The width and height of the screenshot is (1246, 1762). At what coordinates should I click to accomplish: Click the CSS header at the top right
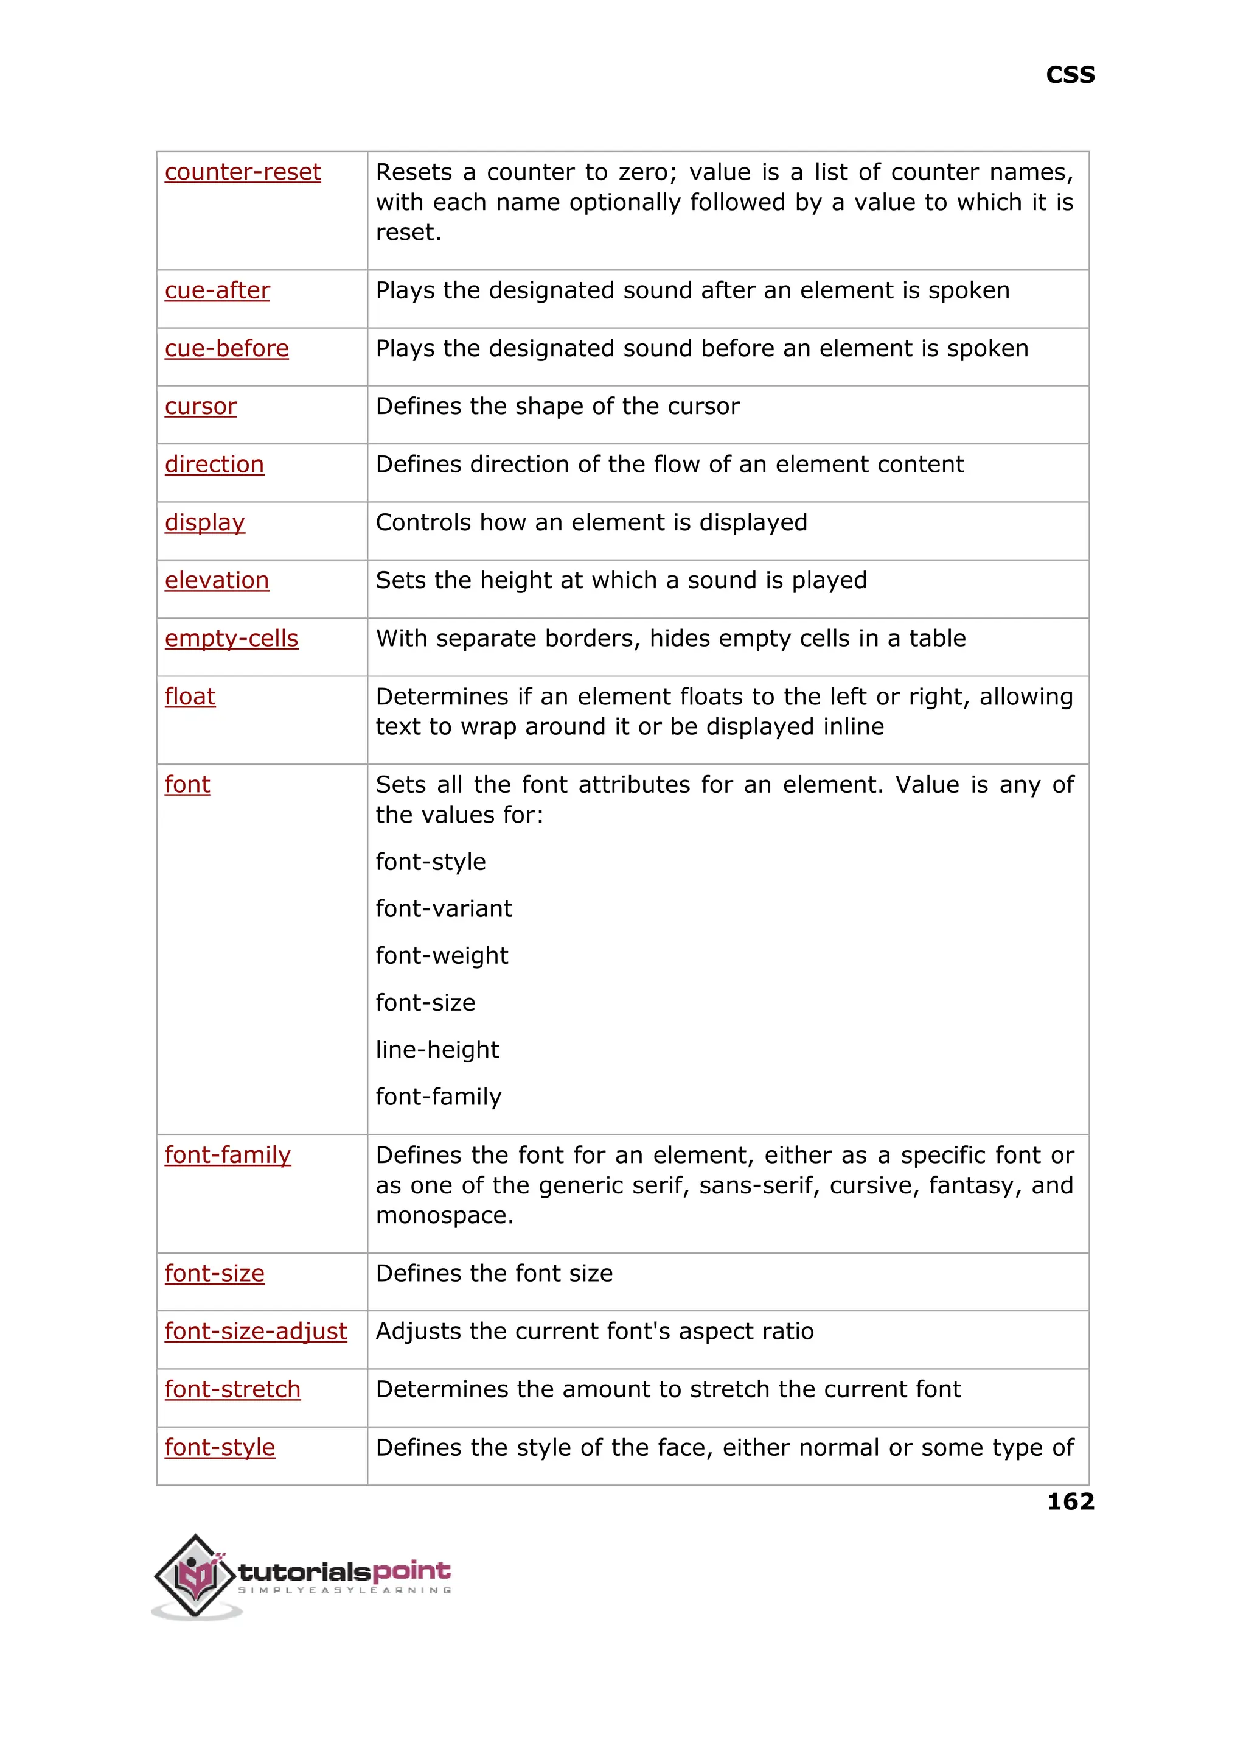pyautogui.click(x=1070, y=75)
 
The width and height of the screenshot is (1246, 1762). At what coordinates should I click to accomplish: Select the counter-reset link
pyautogui.click(x=243, y=172)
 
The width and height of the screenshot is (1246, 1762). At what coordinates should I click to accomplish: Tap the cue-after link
pyautogui.click(x=217, y=290)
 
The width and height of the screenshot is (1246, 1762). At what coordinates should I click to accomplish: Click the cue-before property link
pyautogui.click(x=226, y=348)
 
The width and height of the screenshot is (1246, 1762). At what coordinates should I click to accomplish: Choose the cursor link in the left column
pyautogui.click(x=200, y=406)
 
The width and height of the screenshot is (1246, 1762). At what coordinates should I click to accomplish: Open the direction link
pyautogui.click(x=214, y=465)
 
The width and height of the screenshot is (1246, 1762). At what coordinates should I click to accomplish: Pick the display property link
pyautogui.click(x=204, y=523)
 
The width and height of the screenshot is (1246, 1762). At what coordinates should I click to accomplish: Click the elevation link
pyautogui.click(x=217, y=580)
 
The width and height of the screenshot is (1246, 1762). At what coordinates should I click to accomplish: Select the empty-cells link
pyautogui.click(x=231, y=639)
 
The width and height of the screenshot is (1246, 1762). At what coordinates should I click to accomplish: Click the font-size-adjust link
pyautogui.click(x=256, y=1332)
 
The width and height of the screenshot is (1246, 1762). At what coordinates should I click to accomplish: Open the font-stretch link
pyautogui.click(x=232, y=1389)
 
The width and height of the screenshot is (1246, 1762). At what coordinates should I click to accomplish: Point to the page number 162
pyautogui.click(x=1070, y=1501)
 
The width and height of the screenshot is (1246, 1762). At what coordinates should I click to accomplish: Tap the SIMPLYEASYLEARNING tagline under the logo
pyautogui.click(x=344, y=1590)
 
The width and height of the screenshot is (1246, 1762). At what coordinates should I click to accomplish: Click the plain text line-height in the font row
pyautogui.click(x=437, y=1050)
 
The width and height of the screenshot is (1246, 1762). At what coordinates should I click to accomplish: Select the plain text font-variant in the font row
pyautogui.click(x=444, y=909)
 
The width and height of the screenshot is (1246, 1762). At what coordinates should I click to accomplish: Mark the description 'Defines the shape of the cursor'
pyautogui.click(x=557, y=406)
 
